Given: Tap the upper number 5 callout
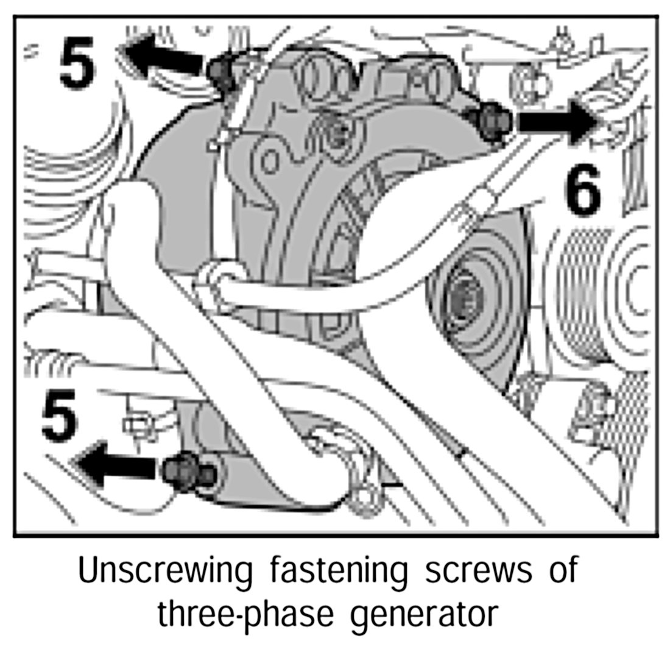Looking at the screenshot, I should (77, 62).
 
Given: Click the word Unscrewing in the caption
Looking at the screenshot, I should (165, 572).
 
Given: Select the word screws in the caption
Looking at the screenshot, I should (467, 572).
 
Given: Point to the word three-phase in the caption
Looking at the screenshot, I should (244, 614).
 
